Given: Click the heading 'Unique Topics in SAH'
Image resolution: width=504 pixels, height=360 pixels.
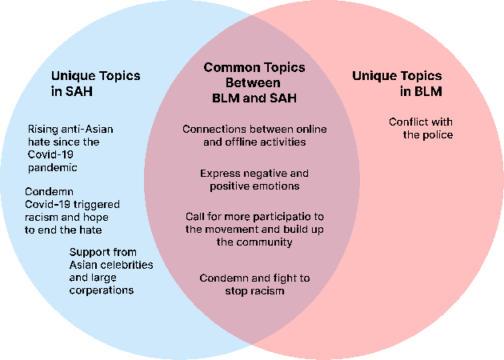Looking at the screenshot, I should pyautogui.click(x=95, y=84).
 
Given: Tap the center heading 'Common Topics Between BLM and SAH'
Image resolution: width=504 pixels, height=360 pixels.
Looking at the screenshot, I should pyautogui.click(x=253, y=82).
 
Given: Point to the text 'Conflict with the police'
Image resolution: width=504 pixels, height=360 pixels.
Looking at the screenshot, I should pyautogui.click(x=421, y=129).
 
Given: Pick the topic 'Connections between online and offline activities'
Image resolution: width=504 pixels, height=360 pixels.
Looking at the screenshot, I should pyautogui.click(x=254, y=136).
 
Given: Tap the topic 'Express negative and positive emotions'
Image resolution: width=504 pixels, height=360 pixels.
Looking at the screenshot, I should pyautogui.click(x=254, y=180).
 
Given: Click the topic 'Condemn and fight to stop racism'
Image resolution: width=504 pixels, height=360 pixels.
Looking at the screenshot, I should pyautogui.click(x=254, y=285).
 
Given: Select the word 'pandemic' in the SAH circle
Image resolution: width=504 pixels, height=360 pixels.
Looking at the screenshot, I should pyautogui.click(x=54, y=167).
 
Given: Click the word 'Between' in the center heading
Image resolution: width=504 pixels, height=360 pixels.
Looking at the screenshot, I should pyautogui.click(x=253, y=82).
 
